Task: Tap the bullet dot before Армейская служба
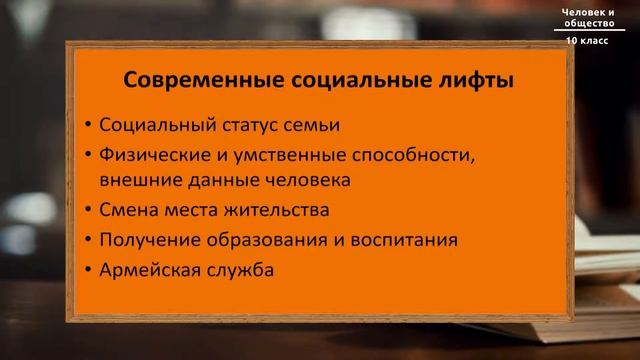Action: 89,270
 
